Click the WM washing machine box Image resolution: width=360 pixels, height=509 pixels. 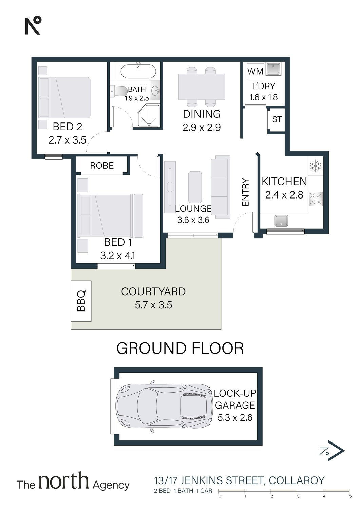coord(255,71)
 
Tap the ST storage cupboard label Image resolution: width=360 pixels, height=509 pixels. coord(277,119)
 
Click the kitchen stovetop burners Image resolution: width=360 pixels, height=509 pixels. coord(316,199)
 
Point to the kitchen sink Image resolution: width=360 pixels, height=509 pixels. coord(281,221)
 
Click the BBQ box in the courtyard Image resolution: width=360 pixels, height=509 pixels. coord(81,301)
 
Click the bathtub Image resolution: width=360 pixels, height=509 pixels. coord(138,71)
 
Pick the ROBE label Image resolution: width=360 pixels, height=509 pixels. coord(102,166)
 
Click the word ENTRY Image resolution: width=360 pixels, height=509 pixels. coord(245,192)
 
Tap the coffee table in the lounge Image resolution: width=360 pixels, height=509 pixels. coord(195,187)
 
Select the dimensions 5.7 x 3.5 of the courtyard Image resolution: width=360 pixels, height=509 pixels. coord(153,305)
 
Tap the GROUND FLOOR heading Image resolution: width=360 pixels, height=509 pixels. coord(180,348)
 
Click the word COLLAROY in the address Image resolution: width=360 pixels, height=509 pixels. coord(297,480)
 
